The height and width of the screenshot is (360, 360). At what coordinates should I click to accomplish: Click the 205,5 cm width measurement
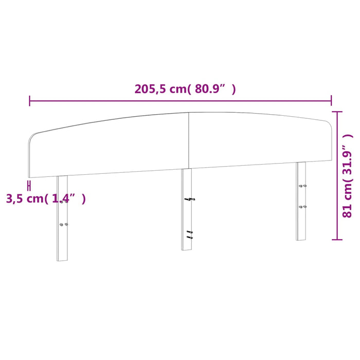[159, 89]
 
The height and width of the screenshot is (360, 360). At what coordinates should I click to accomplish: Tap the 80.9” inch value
[212, 89]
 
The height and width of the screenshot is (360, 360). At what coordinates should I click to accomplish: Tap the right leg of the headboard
[301, 201]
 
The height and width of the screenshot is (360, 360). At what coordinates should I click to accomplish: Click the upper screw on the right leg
[302, 186]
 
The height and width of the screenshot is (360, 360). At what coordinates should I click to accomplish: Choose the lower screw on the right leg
[302, 206]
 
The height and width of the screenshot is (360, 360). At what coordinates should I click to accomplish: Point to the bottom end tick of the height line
[337, 239]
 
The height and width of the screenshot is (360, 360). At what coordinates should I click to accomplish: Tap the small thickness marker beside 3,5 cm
[29, 185]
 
